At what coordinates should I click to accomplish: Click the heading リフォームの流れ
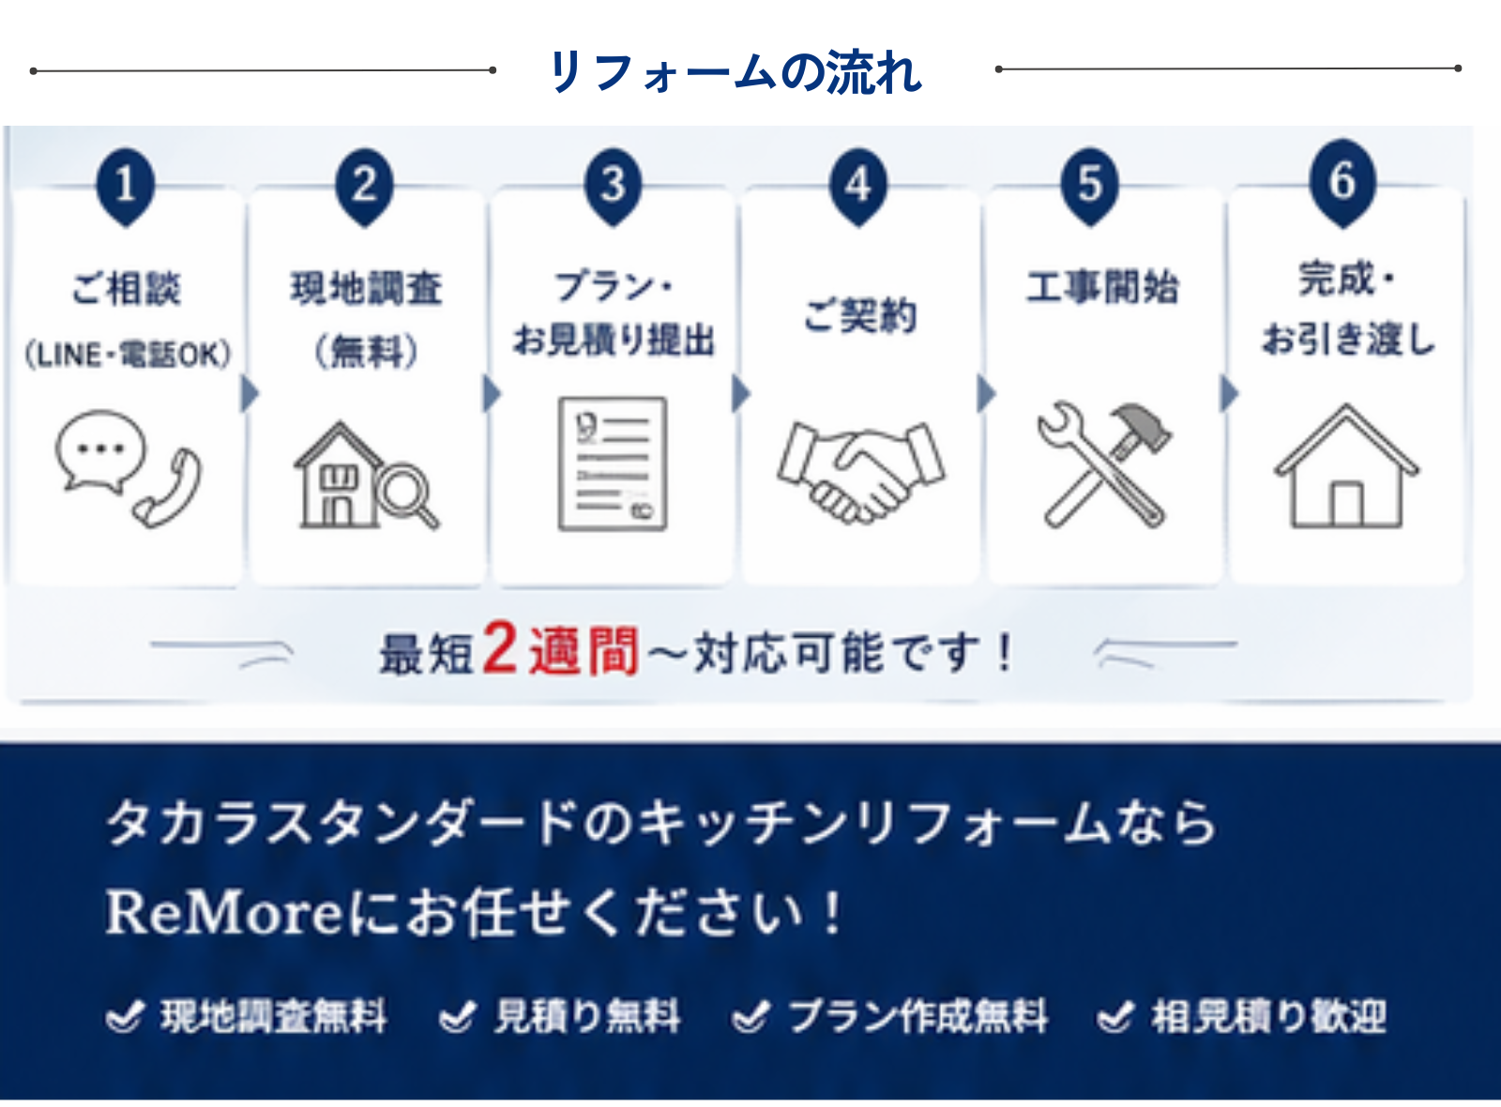(x=735, y=71)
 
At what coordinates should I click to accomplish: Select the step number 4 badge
(x=857, y=188)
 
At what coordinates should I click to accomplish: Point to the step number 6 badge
(x=1342, y=184)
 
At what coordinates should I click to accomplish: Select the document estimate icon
(x=613, y=463)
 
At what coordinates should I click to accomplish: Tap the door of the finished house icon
(x=1346, y=504)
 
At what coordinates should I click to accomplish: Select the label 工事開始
(x=1103, y=287)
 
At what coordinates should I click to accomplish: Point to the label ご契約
(x=859, y=315)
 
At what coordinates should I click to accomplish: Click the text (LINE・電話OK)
(x=128, y=355)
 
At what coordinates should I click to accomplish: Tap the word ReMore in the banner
(x=226, y=913)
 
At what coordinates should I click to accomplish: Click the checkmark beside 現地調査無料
(x=125, y=1017)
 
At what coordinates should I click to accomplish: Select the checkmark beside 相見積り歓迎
(x=1115, y=1017)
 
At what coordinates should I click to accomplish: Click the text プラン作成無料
(x=917, y=1017)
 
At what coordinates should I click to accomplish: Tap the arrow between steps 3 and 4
(x=740, y=393)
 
